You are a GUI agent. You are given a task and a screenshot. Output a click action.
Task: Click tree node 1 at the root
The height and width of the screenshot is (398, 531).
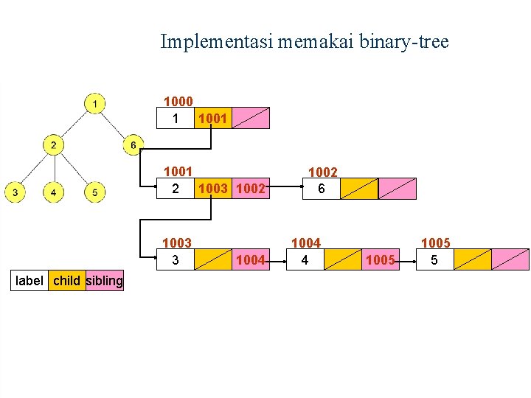tap(94, 103)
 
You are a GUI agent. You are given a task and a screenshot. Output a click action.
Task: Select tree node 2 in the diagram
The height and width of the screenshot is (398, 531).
tap(53, 145)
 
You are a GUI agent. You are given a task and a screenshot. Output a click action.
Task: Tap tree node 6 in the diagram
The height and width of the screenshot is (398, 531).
tap(133, 145)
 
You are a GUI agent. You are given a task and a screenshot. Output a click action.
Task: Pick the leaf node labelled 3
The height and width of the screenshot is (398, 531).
tap(15, 193)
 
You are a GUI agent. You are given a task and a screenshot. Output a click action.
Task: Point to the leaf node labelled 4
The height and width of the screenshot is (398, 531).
tap(53, 193)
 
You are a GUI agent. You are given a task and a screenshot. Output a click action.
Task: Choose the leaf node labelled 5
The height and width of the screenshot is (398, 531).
tap(94, 193)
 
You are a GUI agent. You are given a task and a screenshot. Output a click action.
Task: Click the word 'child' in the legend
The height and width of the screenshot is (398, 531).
tap(67, 280)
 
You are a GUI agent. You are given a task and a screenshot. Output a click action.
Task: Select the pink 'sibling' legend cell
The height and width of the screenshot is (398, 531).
tap(105, 280)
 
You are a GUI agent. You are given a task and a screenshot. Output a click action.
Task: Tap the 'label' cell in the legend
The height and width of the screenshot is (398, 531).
tap(29, 280)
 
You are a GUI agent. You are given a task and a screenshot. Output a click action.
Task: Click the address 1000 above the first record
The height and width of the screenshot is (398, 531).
tap(178, 102)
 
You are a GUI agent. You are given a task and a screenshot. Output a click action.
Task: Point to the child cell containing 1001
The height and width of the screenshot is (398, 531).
tap(212, 118)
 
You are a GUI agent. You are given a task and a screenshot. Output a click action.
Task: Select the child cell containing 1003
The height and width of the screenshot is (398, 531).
tap(212, 189)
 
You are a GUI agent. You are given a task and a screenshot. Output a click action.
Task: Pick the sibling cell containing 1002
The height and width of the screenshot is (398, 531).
tap(251, 189)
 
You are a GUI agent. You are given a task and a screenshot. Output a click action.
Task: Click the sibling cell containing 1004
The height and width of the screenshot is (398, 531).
tap(251, 259)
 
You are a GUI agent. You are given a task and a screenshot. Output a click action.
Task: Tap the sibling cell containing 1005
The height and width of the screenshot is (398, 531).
tap(381, 259)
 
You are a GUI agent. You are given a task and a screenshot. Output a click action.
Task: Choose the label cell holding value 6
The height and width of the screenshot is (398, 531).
tap(322, 189)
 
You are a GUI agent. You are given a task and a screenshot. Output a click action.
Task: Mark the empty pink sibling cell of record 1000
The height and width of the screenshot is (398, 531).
tap(251, 118)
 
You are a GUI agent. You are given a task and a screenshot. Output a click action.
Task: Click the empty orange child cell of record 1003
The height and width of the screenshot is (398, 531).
tap(212, 259)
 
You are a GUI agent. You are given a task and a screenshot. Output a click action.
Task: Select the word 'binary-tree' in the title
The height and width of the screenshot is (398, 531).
tap(409, 42)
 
